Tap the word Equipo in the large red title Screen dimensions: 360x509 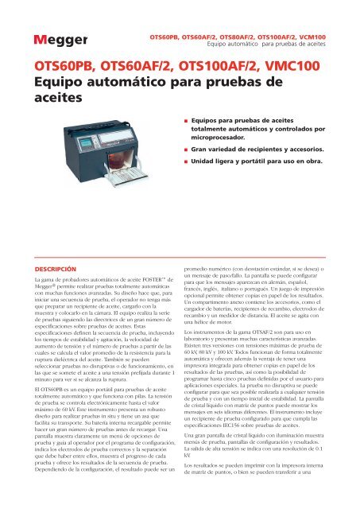coord(56,80)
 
